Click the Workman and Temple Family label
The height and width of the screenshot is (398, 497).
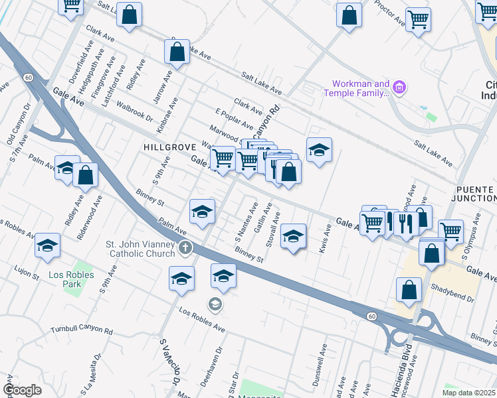[356, 88]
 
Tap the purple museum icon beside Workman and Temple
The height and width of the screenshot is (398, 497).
[399, 87]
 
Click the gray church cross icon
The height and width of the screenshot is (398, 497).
[185, 249]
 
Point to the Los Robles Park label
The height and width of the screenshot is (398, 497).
[64, 279]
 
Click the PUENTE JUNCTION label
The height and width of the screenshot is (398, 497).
[476, 194]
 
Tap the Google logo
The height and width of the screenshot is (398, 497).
[23, 390]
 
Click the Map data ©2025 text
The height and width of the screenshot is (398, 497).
[468, 393]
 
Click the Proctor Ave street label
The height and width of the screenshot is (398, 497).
[389, 13]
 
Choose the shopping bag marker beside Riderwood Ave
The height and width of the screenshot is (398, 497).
[86, 176]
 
